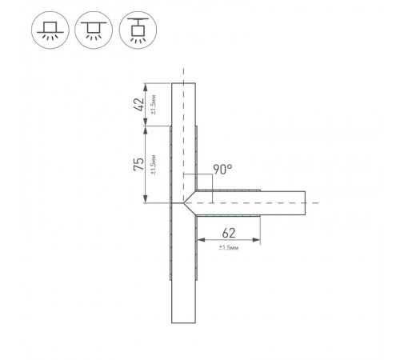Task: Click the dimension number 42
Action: (138, 104)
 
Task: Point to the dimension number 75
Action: (138, 165)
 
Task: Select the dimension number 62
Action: (229, 234)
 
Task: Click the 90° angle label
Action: (222, 169)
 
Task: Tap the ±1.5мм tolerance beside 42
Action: (153, 104)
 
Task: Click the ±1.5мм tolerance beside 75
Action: (153, 165)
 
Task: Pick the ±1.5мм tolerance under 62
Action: (229, 247)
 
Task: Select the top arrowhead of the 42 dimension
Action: (145, 86)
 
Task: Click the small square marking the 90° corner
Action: (190, 182)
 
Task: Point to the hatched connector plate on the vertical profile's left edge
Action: (170, 240)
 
